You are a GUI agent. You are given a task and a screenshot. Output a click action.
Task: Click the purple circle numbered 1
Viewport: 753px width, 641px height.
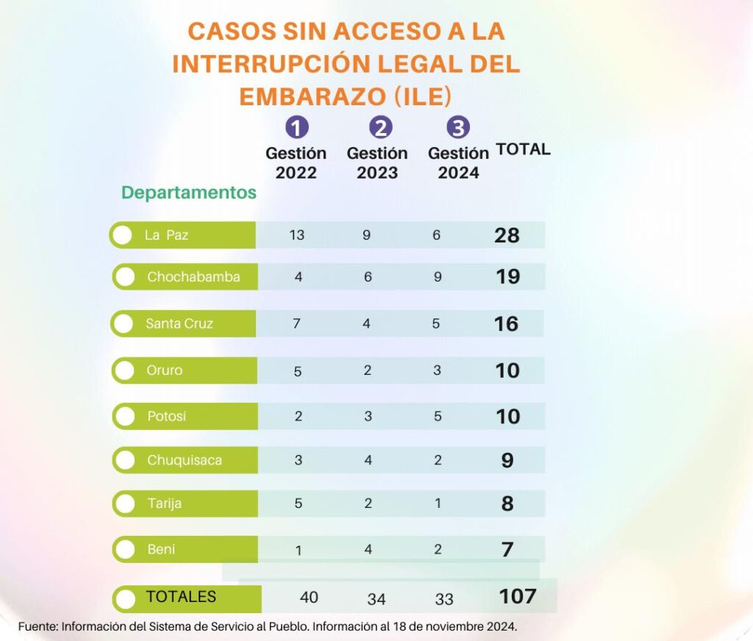point(296,128)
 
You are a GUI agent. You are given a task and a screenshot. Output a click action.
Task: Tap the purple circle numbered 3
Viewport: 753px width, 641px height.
point(458,128)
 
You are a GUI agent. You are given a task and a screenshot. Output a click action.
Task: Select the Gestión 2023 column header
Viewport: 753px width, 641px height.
point(377,163)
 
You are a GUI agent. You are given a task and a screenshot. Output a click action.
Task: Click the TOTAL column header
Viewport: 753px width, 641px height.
point(523,149)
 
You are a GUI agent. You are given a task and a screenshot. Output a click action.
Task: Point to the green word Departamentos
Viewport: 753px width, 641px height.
point(189,193)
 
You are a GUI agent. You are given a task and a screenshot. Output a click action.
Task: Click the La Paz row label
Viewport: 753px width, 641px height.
point(166,235)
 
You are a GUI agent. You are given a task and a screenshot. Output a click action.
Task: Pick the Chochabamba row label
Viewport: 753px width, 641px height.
point(193,277)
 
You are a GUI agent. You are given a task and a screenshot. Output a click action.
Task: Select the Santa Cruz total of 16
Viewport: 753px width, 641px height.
point(506,324)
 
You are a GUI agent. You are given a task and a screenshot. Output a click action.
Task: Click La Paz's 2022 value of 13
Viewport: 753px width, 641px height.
point(297,235)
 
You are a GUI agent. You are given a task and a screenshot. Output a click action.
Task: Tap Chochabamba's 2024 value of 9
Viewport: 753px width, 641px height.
point(437,277)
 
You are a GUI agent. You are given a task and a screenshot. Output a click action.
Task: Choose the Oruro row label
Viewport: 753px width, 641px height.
point(164,370)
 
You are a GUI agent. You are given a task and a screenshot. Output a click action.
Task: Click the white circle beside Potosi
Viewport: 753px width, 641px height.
point(126,416)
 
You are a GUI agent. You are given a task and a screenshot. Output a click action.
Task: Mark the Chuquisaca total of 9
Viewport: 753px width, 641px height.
point(507,461)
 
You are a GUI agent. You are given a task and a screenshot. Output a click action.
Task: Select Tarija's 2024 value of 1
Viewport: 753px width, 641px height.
point(438,504)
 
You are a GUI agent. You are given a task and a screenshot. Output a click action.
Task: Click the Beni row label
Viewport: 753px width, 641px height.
point(161,549)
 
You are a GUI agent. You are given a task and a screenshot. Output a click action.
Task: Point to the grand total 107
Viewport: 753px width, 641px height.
point(517,596)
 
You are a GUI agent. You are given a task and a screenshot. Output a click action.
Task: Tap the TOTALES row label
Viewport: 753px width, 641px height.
point(181,596)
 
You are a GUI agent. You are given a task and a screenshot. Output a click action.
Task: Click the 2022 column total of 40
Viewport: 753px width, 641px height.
point(309,597)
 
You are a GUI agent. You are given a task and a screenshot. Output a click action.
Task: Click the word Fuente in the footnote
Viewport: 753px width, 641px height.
point(37,627)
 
